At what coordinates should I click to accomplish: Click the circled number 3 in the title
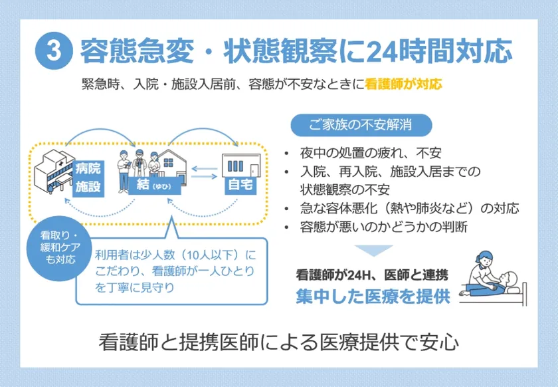pos(54,51)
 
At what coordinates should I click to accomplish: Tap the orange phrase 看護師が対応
pos(403,84)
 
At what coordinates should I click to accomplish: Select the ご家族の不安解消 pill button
pos(361,125)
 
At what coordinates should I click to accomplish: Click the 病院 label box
pos(88,169)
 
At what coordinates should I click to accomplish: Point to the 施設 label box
pos(88,187)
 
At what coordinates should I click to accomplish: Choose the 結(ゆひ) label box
pos(154,185)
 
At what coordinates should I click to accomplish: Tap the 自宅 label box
pos(240,185)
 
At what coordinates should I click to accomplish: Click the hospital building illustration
pos(53,172)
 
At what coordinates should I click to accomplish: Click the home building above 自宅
pos(241,165)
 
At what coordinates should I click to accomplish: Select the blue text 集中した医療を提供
pos(373,297)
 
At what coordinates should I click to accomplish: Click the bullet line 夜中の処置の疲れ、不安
pos(371,153)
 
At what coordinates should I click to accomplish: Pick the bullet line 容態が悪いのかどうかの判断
pos(384,227)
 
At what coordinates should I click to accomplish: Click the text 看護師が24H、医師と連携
pos(372,275)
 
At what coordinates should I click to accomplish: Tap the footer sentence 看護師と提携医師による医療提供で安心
pos(278,342)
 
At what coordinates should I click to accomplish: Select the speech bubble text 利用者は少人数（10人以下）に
pos(175,255)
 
